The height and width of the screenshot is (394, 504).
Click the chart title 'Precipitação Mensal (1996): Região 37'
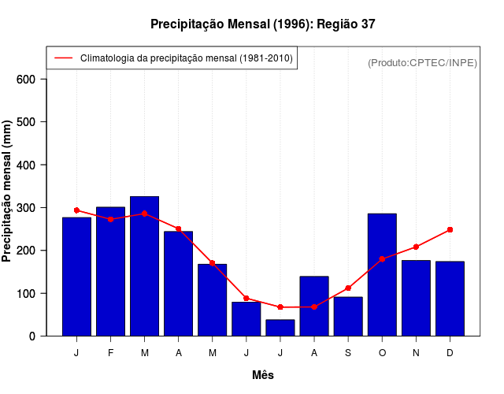[262, 24]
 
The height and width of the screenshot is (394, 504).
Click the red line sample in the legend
[63, 58]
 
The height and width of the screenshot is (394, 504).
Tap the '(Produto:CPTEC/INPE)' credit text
[422, 62]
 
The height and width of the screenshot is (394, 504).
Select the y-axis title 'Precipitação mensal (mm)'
[8, 191]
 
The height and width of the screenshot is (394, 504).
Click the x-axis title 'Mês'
[263, 375]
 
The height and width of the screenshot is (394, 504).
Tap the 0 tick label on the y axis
[32, 336]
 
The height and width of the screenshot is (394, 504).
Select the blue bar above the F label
[110, 271]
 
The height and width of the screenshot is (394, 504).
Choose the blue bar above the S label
[348, 316]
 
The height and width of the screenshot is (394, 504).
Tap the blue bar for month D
[450, 299]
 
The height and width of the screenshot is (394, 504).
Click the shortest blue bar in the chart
[280, 328]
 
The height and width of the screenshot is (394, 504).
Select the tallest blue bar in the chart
[144, 266]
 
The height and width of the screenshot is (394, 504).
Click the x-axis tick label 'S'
[348, 353]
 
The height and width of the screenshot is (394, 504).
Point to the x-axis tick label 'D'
[450, 353]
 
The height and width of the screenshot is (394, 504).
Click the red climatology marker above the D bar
[450, 229]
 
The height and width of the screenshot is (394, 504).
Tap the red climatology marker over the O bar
[382, 258]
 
